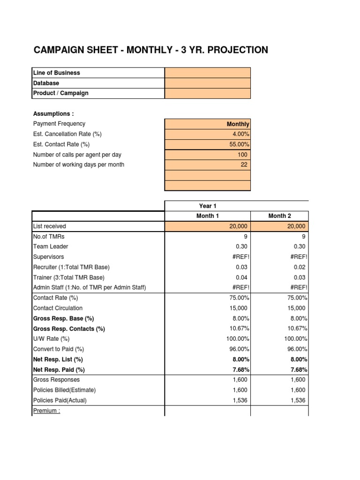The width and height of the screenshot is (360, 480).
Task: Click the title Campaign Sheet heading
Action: point(150,50)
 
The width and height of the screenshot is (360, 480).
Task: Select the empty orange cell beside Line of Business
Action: point(208,73)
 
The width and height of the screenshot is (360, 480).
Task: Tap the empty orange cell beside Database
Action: point(208,83)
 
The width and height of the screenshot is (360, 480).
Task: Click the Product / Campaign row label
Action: point(60,93)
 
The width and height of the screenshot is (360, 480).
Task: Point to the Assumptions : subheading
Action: point(53,113)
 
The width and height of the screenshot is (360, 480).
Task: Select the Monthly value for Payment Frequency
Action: point(238,124)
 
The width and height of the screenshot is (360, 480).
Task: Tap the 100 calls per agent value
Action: point(241,155)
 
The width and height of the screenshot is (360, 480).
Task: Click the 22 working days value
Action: point(243,165)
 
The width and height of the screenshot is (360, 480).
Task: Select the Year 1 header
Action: point(208,206)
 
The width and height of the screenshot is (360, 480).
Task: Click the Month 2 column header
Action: point(280,216)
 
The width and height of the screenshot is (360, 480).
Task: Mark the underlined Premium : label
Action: point(47,411)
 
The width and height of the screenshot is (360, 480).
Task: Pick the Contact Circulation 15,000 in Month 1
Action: point(238,308)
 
